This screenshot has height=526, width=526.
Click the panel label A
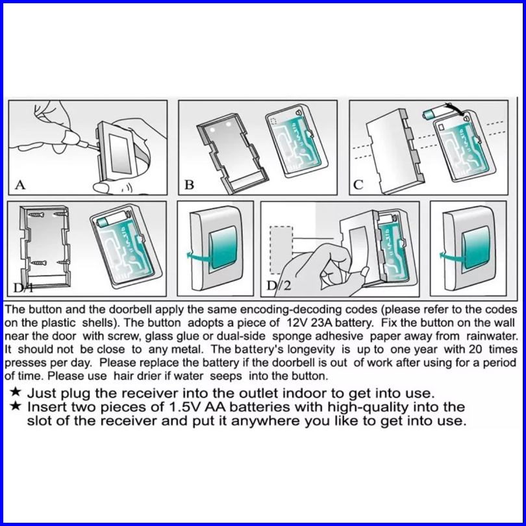(21, 184)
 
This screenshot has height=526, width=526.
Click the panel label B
(189, 184)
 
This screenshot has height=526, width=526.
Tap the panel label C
(358, 184)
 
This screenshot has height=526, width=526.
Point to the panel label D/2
(279, 286)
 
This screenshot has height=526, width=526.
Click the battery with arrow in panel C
(432, 114)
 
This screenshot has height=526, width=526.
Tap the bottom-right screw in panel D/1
(63, 262)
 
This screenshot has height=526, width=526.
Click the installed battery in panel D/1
(112, 218)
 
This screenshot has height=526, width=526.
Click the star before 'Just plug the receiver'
(16, 392)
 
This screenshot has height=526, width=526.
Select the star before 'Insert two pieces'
(16, 406)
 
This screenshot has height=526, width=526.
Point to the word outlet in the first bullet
(258, 393)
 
